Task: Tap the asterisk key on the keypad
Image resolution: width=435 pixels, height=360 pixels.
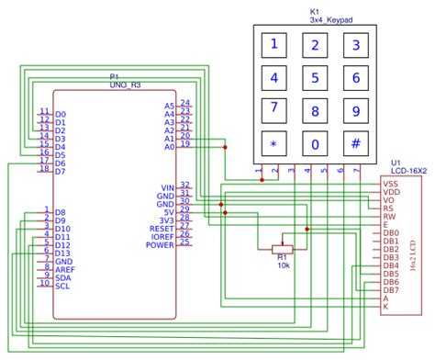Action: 273,143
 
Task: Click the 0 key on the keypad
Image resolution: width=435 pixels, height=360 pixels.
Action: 316,143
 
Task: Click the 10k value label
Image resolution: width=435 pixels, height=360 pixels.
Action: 283,265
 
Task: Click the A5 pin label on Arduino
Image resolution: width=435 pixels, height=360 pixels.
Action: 168,105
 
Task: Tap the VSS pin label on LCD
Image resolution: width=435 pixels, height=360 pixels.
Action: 391,184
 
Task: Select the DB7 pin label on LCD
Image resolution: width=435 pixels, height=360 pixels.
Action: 391,290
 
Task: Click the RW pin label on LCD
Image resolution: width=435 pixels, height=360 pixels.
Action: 391,217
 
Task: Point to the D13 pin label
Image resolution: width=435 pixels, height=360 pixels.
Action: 62,253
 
